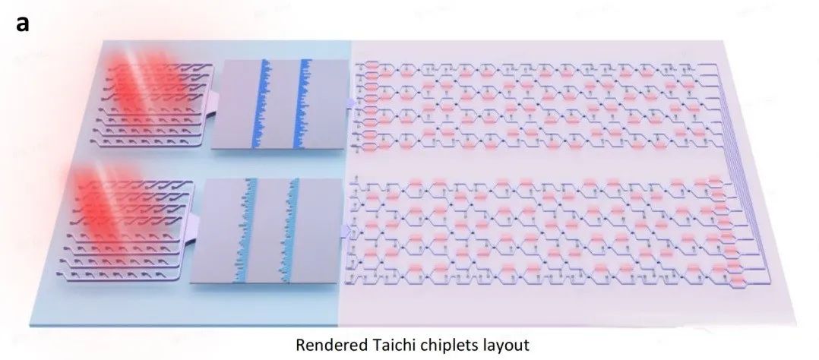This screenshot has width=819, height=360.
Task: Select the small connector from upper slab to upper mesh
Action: coord(349,101)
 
